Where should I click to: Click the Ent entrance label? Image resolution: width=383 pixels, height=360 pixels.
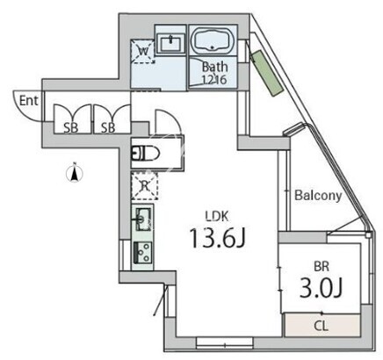(29, 101)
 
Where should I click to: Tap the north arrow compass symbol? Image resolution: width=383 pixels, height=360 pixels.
(75, 173)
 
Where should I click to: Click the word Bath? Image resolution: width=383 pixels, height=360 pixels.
(214, 67)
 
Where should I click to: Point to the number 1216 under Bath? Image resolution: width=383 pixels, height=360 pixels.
(213, 79)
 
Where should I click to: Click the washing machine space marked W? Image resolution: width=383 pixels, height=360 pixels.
(143, 52)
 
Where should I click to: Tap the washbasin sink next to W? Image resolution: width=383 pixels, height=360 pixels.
(170, 43)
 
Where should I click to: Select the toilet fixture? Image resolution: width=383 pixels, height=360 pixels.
(145, 153)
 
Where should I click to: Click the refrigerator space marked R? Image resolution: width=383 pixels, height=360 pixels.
(144, 185)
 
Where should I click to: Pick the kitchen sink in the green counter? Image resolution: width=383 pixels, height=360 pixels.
(143, 219)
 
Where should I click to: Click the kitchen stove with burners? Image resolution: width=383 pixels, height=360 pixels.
(143, 252)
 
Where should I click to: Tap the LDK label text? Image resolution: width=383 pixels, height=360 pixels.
(217, 216)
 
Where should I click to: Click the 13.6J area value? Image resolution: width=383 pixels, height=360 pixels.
(217, 238)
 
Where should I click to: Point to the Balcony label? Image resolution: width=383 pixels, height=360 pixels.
(318, 196)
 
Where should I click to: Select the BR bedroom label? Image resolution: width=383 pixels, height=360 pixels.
(322, 266)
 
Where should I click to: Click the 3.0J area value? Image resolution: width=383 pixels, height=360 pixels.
(321, 288)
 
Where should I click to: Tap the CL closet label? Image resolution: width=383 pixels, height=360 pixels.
(322, 326)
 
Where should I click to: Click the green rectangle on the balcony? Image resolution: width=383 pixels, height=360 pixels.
(266, 73)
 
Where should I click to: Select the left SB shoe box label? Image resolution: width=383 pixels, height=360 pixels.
(71, 127)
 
